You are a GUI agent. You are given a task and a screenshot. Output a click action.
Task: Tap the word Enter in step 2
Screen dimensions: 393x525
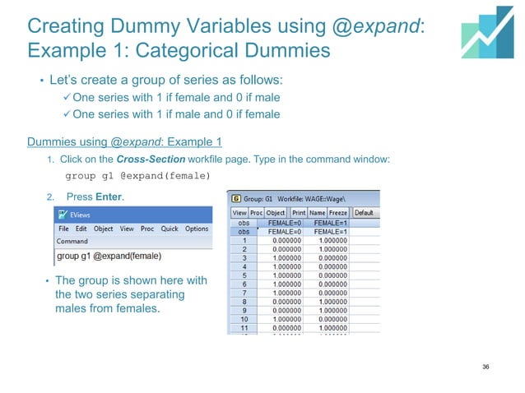pos(109,196)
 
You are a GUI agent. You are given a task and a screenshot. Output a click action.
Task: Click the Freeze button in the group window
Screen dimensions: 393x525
pos(337,212)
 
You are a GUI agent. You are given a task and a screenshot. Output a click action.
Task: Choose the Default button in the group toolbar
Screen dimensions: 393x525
pos(364,212)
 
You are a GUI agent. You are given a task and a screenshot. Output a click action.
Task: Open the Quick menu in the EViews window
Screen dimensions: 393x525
pos(170,229)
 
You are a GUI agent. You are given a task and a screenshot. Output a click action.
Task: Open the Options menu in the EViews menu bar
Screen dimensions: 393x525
pos(197,229)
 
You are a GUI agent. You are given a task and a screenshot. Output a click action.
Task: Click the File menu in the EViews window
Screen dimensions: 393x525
pos(64,229)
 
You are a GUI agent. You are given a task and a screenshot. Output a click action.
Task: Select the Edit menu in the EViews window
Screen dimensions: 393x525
pos(81,229)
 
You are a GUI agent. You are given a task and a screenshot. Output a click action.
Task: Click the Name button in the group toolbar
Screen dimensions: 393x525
pos(317,212)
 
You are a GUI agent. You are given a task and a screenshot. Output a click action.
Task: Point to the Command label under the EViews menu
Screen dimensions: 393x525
pos(72,242)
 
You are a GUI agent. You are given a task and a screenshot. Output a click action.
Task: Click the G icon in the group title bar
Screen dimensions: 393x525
pos(237,198)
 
